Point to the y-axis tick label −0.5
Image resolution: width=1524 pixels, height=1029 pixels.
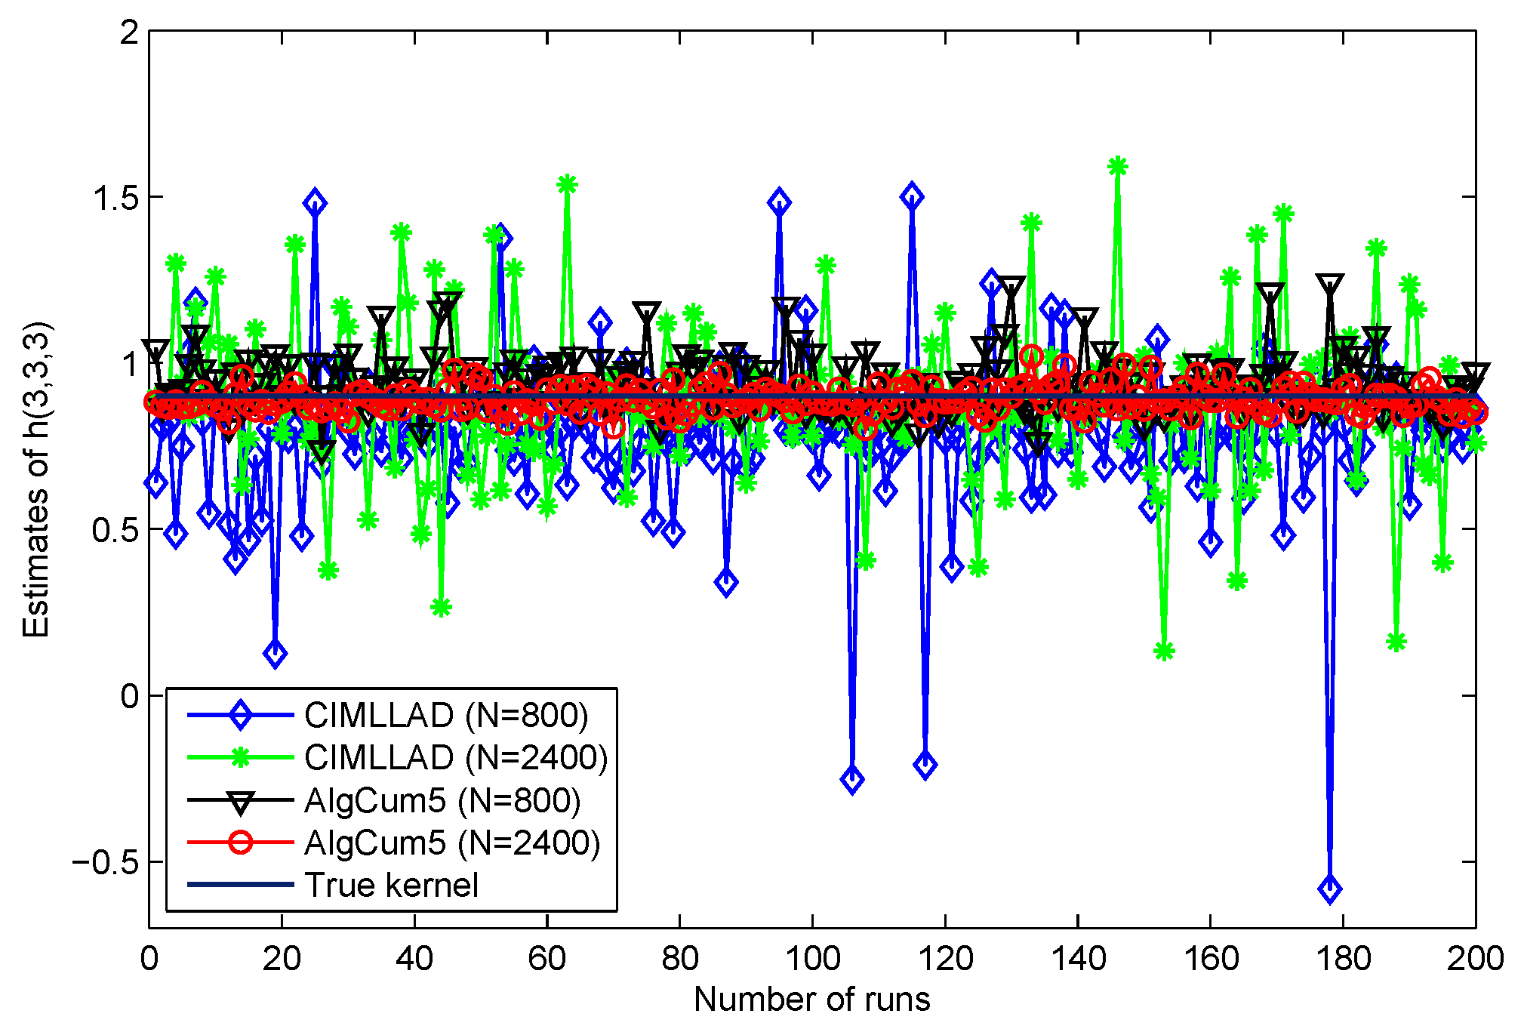(x=106, y=862)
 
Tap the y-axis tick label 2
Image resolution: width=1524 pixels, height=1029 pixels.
(x=130, y=32)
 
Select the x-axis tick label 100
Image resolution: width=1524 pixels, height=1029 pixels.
(x=812, y=959)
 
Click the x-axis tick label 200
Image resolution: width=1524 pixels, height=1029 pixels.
(x=1475, y=959)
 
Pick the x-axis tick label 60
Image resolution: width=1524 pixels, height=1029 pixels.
(x=547, y=959)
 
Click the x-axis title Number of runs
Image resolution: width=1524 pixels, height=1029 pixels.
(x=811, y=1000)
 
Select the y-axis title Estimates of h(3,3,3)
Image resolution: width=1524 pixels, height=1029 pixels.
(x=35, y=480)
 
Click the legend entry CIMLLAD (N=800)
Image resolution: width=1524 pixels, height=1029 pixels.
(x=445, y=715)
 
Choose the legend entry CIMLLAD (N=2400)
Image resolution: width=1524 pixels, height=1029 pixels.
(x=455, y=757)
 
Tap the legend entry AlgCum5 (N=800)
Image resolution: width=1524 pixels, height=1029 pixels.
(x=442, y=800)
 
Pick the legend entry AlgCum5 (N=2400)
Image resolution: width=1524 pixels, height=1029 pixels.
(x=451, y=843)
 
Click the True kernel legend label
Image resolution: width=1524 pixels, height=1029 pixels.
(x=391, y=885)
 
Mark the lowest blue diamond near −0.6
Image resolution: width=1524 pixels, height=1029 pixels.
(x=1329, y=889)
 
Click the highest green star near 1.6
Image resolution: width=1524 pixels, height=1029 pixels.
(x=1118, y=166)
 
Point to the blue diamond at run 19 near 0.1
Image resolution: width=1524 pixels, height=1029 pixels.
(x=276, y=654)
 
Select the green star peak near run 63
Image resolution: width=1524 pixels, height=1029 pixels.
(x=567, y=184)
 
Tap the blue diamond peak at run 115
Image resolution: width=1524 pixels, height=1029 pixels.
(x=912, y=196)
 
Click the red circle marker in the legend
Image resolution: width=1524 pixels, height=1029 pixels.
(x=240, y=843)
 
